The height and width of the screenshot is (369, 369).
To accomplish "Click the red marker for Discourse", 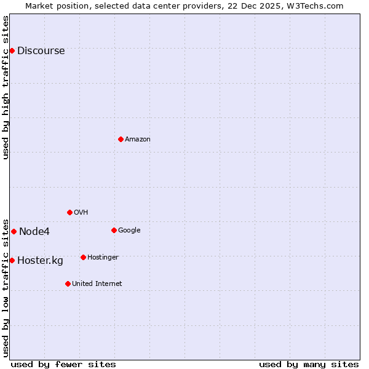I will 12,50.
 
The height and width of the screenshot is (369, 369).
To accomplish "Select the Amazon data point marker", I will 121,139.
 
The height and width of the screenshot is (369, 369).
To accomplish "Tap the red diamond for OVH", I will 69,212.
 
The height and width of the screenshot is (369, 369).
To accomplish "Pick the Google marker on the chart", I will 114,230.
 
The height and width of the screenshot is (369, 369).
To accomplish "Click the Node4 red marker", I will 14,231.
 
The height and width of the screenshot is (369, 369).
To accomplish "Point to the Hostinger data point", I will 83,257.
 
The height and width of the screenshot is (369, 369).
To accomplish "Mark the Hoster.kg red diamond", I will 12,260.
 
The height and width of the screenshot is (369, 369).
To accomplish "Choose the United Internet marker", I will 68,284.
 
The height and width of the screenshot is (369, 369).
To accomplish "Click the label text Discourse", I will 41,51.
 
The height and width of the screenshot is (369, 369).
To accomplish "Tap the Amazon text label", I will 138,140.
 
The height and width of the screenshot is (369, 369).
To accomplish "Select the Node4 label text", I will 34,232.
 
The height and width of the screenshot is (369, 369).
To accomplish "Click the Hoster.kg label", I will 40,261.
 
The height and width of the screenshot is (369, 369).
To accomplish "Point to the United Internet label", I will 97,284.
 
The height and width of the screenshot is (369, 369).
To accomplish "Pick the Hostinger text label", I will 103,258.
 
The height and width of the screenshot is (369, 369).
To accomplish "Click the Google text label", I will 129,231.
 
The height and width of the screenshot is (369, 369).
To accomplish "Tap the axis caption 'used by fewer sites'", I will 63,364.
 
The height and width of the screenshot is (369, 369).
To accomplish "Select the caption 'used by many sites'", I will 309,364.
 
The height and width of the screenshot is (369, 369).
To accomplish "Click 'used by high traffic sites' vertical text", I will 6,87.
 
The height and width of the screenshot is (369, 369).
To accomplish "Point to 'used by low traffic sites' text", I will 6,287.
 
